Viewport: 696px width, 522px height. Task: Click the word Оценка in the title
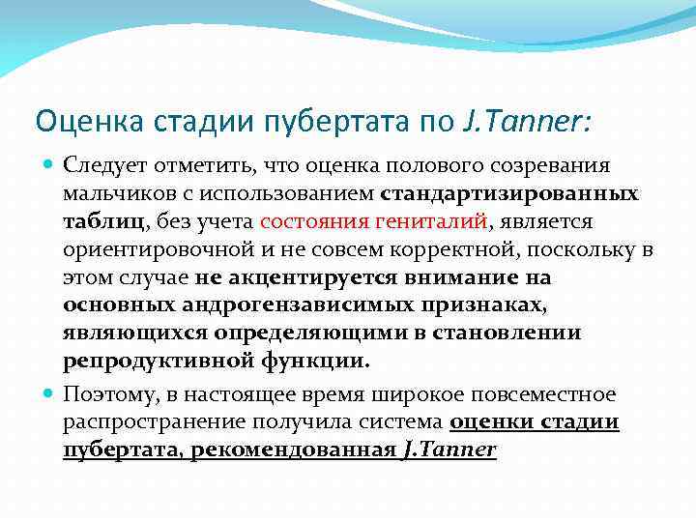point(73,122)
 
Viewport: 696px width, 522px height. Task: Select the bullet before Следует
point(49,166)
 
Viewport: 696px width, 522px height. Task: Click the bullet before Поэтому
point(49,394)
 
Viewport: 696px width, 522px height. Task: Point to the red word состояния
point(312,221)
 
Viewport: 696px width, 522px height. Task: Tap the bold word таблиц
point(103,221)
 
